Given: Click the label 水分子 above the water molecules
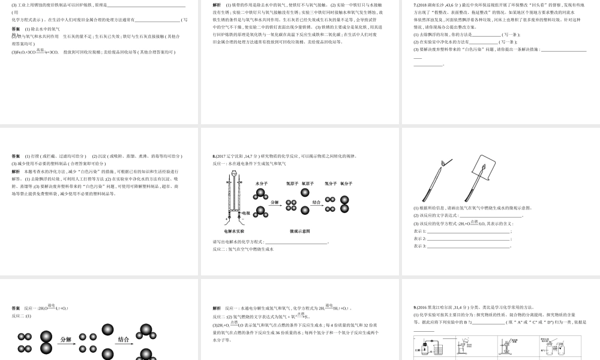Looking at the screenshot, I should (x=262, y=183).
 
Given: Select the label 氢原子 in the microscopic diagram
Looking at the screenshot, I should (x=292, y=183).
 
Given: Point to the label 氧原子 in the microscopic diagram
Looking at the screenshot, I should (x=308, y=183).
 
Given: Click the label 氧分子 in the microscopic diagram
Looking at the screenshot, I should (x=346, y=183).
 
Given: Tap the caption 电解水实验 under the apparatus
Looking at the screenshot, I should (x=233, y=231).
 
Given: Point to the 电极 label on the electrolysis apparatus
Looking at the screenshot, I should (x=246, y=213).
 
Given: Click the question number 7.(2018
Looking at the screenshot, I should (x=422, y=5).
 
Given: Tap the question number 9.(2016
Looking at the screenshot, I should (x=422, y=307).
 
